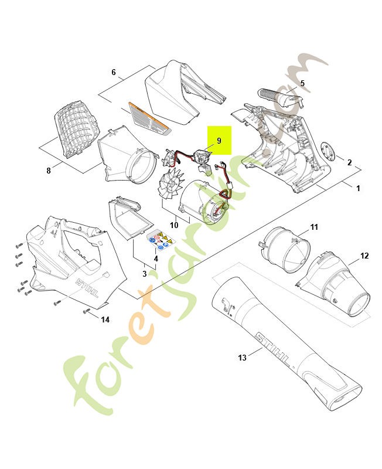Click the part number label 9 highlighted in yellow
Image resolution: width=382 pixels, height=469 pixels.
coord(219,141)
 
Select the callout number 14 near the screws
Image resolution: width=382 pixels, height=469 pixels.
coord(105,320)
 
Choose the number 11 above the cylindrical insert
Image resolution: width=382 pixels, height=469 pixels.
coord(114,72)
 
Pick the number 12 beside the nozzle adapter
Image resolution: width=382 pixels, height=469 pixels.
coord(364,256)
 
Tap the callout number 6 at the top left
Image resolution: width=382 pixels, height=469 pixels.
coord(49,171)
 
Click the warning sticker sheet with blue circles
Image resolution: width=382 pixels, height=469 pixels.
coord(159,239)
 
